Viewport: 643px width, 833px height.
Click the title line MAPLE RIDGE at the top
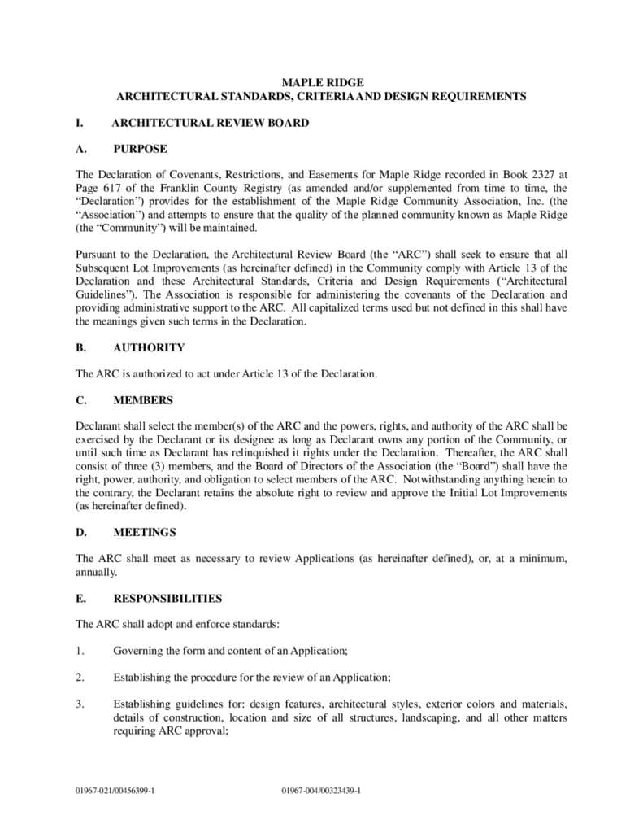(x=322, y=82)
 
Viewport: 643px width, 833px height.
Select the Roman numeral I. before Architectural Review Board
(x=80, y=123)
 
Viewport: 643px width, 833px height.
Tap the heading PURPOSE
(x=140, y=149)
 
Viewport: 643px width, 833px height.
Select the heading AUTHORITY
(x=149, y=347)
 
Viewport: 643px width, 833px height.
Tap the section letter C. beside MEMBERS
(x=80, y=400)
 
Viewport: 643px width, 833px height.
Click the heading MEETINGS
(x=145, y=532)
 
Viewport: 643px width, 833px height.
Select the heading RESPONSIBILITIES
(x=167, y=599)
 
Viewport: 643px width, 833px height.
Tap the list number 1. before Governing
(x=80, y=651)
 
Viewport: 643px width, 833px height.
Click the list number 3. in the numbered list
(x=80, y=704)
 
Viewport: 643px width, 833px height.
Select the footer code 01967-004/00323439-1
(x=321, y=791)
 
